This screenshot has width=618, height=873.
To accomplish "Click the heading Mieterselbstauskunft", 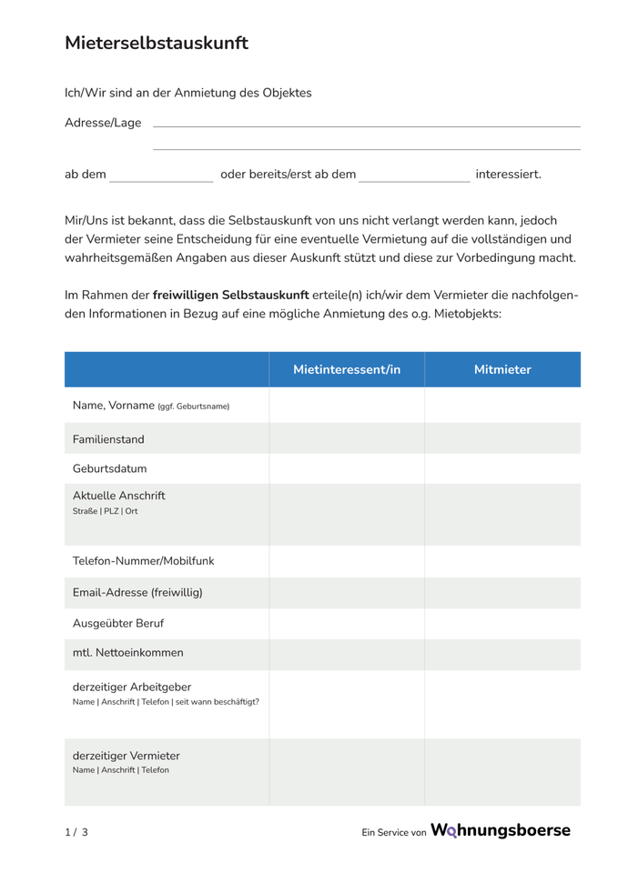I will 156,43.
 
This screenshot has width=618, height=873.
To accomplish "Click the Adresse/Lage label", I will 103,123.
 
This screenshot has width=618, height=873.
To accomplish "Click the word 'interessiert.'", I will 508,174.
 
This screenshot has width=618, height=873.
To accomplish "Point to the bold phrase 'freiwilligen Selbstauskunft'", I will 231,296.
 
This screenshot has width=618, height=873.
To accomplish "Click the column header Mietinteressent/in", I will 347,369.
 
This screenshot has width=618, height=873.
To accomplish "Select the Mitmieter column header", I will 502,369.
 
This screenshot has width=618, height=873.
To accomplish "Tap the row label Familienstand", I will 108,439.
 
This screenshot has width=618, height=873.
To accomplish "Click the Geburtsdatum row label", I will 109,469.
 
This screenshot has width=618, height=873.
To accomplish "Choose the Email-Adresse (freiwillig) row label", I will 137,593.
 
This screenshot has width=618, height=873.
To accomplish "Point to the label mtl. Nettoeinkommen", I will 127,652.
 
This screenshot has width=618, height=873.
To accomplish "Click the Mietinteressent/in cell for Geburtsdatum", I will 347,469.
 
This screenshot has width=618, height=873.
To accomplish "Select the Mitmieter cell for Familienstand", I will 502,439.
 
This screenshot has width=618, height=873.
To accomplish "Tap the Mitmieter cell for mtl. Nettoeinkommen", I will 502,653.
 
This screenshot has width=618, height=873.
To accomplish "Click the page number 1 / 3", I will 76,832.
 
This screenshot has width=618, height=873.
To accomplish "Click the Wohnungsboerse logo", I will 500,830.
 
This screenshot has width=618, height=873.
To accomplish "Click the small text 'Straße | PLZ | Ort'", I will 106,511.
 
